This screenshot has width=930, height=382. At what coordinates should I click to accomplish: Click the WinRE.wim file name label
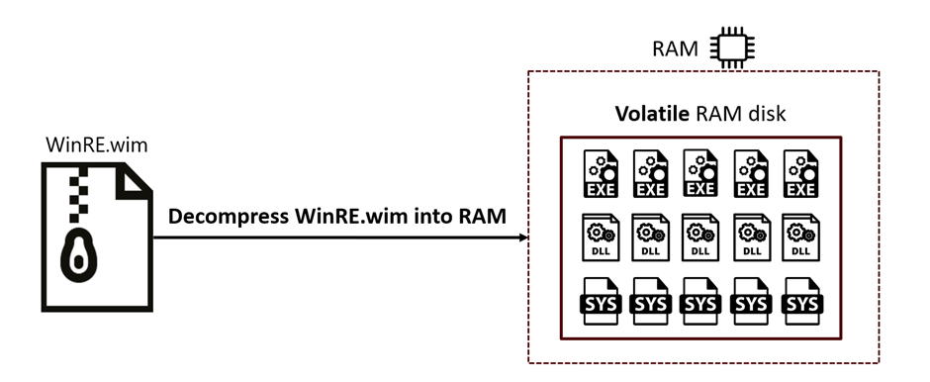pos(96,144)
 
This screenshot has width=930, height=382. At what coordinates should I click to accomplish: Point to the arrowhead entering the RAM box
pos(523,238)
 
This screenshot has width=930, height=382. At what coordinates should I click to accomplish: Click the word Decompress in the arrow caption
pos(228,217)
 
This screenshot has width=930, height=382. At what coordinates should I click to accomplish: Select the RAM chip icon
pos(733,48)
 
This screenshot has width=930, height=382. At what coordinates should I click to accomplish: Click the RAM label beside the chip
pos(675,48)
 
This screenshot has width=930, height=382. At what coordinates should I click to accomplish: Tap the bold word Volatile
pos(652,113)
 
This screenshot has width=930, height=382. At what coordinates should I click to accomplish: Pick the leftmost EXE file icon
pos(601,174)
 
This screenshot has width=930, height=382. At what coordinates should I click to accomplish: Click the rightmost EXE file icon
pos(800,174)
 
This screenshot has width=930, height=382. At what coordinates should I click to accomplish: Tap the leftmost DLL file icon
pos(601,238)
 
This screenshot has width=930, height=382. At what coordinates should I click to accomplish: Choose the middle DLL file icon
pos(700,238)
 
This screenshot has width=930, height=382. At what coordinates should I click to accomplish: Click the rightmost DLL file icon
pos(800,238)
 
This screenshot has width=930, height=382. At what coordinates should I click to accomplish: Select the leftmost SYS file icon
pos(601,301)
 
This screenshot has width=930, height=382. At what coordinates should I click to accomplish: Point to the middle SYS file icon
pos(700,301)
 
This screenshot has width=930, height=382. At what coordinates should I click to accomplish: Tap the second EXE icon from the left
pos(651,174)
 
